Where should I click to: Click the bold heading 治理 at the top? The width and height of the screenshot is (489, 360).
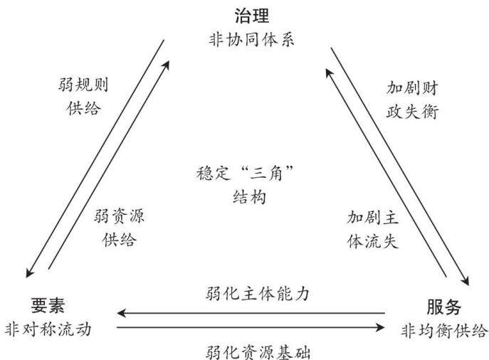pyautogui.click(x=252, y=16)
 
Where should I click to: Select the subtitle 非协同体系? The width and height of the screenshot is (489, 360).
pyautogui.click(x=251, y=41)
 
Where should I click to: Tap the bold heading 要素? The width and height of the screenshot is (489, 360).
pyautogui.click(x=48, y=305)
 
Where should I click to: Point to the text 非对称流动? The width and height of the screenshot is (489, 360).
pyautogui.click(x=48, y=329)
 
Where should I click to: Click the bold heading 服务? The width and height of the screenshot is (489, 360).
pyautogui.click(x=443, y=307)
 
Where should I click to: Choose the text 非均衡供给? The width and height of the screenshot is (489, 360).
pyautogui.click(x=443, y=330)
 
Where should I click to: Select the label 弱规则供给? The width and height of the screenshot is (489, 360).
pyautogui.click(x=83, y=97)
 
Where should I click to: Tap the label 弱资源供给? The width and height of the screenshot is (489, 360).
pyautogui.click(x=119, y=228)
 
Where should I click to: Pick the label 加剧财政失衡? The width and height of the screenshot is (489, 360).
pyautogui.click(x=412, y=100)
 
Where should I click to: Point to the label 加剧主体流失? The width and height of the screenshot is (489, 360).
pyautogui.click(x=373, y=229)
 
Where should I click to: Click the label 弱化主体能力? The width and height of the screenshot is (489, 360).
pyautogui.click(x=258, y=294)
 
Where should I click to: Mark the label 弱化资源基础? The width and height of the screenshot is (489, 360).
pyautogui.click(x=258, y=352)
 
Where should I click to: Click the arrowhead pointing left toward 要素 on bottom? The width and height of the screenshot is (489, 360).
pyautogui.click(x=121, y=312)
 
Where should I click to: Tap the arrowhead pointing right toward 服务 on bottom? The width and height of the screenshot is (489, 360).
pyautogui.click(x=381, y=327)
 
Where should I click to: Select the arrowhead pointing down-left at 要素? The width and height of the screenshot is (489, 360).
pyautogui.click(x=29, y=273)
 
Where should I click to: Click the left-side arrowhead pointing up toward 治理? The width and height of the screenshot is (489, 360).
pyautogui.click(x=167, y=65)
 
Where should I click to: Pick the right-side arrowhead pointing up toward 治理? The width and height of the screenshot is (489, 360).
pyautogui.click(x=329, y=73)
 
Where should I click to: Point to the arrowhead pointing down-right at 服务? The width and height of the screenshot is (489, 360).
pyautogui.click(x=466, y=280)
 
